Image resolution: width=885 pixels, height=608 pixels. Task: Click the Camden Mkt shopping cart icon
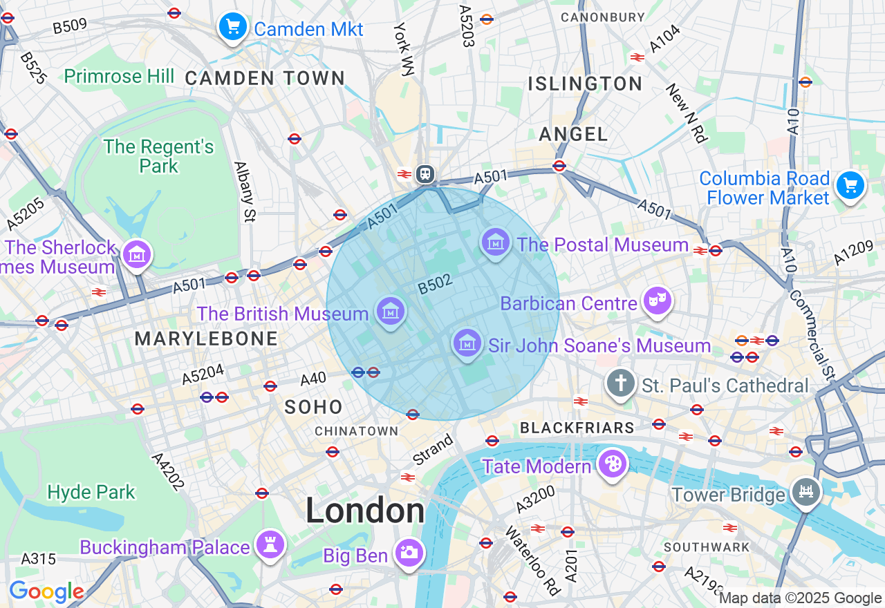pos(233,27)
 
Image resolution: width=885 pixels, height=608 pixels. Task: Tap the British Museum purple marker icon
pos(391,311)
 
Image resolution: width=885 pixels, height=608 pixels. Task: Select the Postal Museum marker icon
pos(496,242)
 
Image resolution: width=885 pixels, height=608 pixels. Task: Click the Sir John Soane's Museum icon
pos(467,342)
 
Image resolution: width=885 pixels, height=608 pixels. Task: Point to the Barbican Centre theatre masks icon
pos(657,301)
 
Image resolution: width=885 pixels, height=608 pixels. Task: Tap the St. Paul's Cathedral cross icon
pos(620,382)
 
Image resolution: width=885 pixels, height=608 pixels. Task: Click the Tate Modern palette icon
pos(612,464)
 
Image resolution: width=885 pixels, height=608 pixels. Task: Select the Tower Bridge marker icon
pos(806,492)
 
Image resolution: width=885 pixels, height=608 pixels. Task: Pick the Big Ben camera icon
pos(409,552)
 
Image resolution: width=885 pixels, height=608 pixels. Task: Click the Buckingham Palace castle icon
pos(270,544)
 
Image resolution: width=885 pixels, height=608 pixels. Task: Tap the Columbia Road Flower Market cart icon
pos(850,185)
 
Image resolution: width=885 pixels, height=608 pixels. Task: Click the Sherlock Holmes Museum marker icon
pos(136,254)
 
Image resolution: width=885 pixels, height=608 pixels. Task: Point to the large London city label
pos(365,511)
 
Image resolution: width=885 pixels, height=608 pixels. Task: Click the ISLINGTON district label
pos(585,84)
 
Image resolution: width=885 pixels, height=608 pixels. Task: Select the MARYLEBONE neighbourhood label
pos(206,339)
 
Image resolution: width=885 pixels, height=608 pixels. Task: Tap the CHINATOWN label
pos(356,431)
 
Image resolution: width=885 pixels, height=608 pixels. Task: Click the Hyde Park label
pos(91,492)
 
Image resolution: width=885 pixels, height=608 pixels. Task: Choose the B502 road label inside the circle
pos(435,285)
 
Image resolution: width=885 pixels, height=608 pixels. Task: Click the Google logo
pos(46,591)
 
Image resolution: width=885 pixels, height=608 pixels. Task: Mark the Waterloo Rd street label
pos(532,560)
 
